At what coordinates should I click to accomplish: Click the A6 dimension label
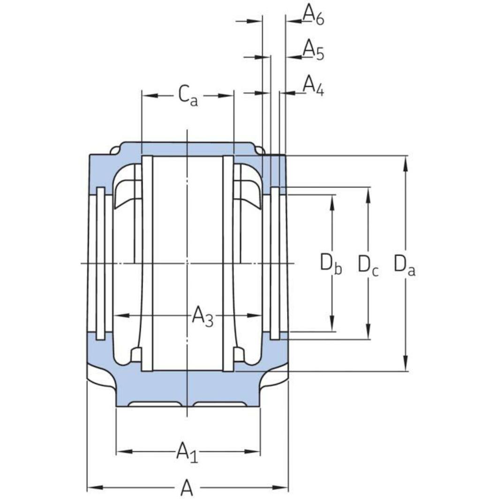(x=313, y=14)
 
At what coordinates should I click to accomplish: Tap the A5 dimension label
(x=313, y=50)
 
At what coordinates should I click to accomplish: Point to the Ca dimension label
(x=188, y=96)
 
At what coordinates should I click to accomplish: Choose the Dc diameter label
(x=368, y=265)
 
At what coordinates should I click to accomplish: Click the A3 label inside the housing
(x=203, y=317)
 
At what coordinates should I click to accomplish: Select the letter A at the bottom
(x=187, y=488)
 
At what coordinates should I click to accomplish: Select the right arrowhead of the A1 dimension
(x=254, y=452)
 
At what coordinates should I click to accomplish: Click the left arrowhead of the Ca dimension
(x=148, y=96)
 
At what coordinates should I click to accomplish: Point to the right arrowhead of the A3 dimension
(x=256, y=316)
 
